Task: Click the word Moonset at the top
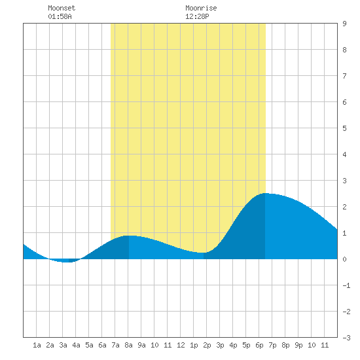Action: pyautogui.click(x=62, y=8)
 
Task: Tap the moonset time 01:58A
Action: pyautogui.click(x=60, y=16)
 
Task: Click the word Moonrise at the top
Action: pyautogui.click(x=201, y=8)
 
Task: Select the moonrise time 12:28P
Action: pyautogui.click(x=197, y=16)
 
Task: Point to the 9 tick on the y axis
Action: pyautogui.click(x=344, y=24)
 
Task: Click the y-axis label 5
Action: pyautogui.click(x=344, y=128)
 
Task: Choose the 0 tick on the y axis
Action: pyautogui.click(x=344, y=259)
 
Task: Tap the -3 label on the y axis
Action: pyautogui.click(x=346, y=338)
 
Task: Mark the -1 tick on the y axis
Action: pyautogui.click(x=346, y=285)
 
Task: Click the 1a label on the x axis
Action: pyautogui.click(x=37, y=345)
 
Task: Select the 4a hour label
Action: pyautogui.click(x=76, y=345)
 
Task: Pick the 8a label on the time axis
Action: pyautogui.click(x=128, y=345)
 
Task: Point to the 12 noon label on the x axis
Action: pyautogui.click(x=181, y=345)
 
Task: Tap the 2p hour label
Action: pyautogui.click(x=207, y=345)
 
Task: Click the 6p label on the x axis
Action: pyautogui.click(x=259, y=345)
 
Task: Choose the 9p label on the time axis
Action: pyautogui.click(x=298, y=345)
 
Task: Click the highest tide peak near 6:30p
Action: pyautogui.click(x=265, y=193)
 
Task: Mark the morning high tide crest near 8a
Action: pyautogui.click(x=129, y=236)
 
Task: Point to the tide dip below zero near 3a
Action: pyautogui.click(x=67, y=262)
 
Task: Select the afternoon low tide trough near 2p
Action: pyautogui.click(x=203, y=253)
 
